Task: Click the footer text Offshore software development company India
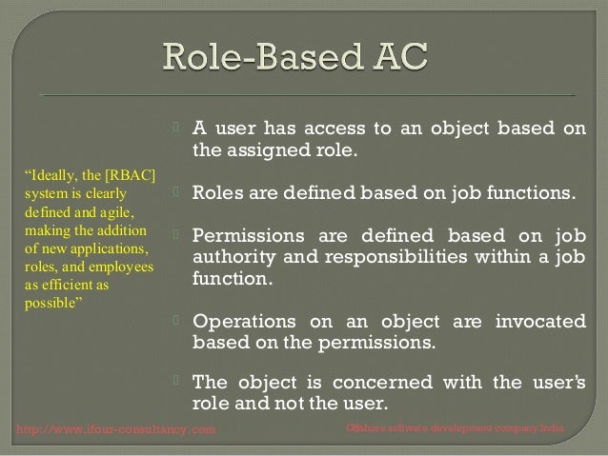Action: [456, 430]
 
